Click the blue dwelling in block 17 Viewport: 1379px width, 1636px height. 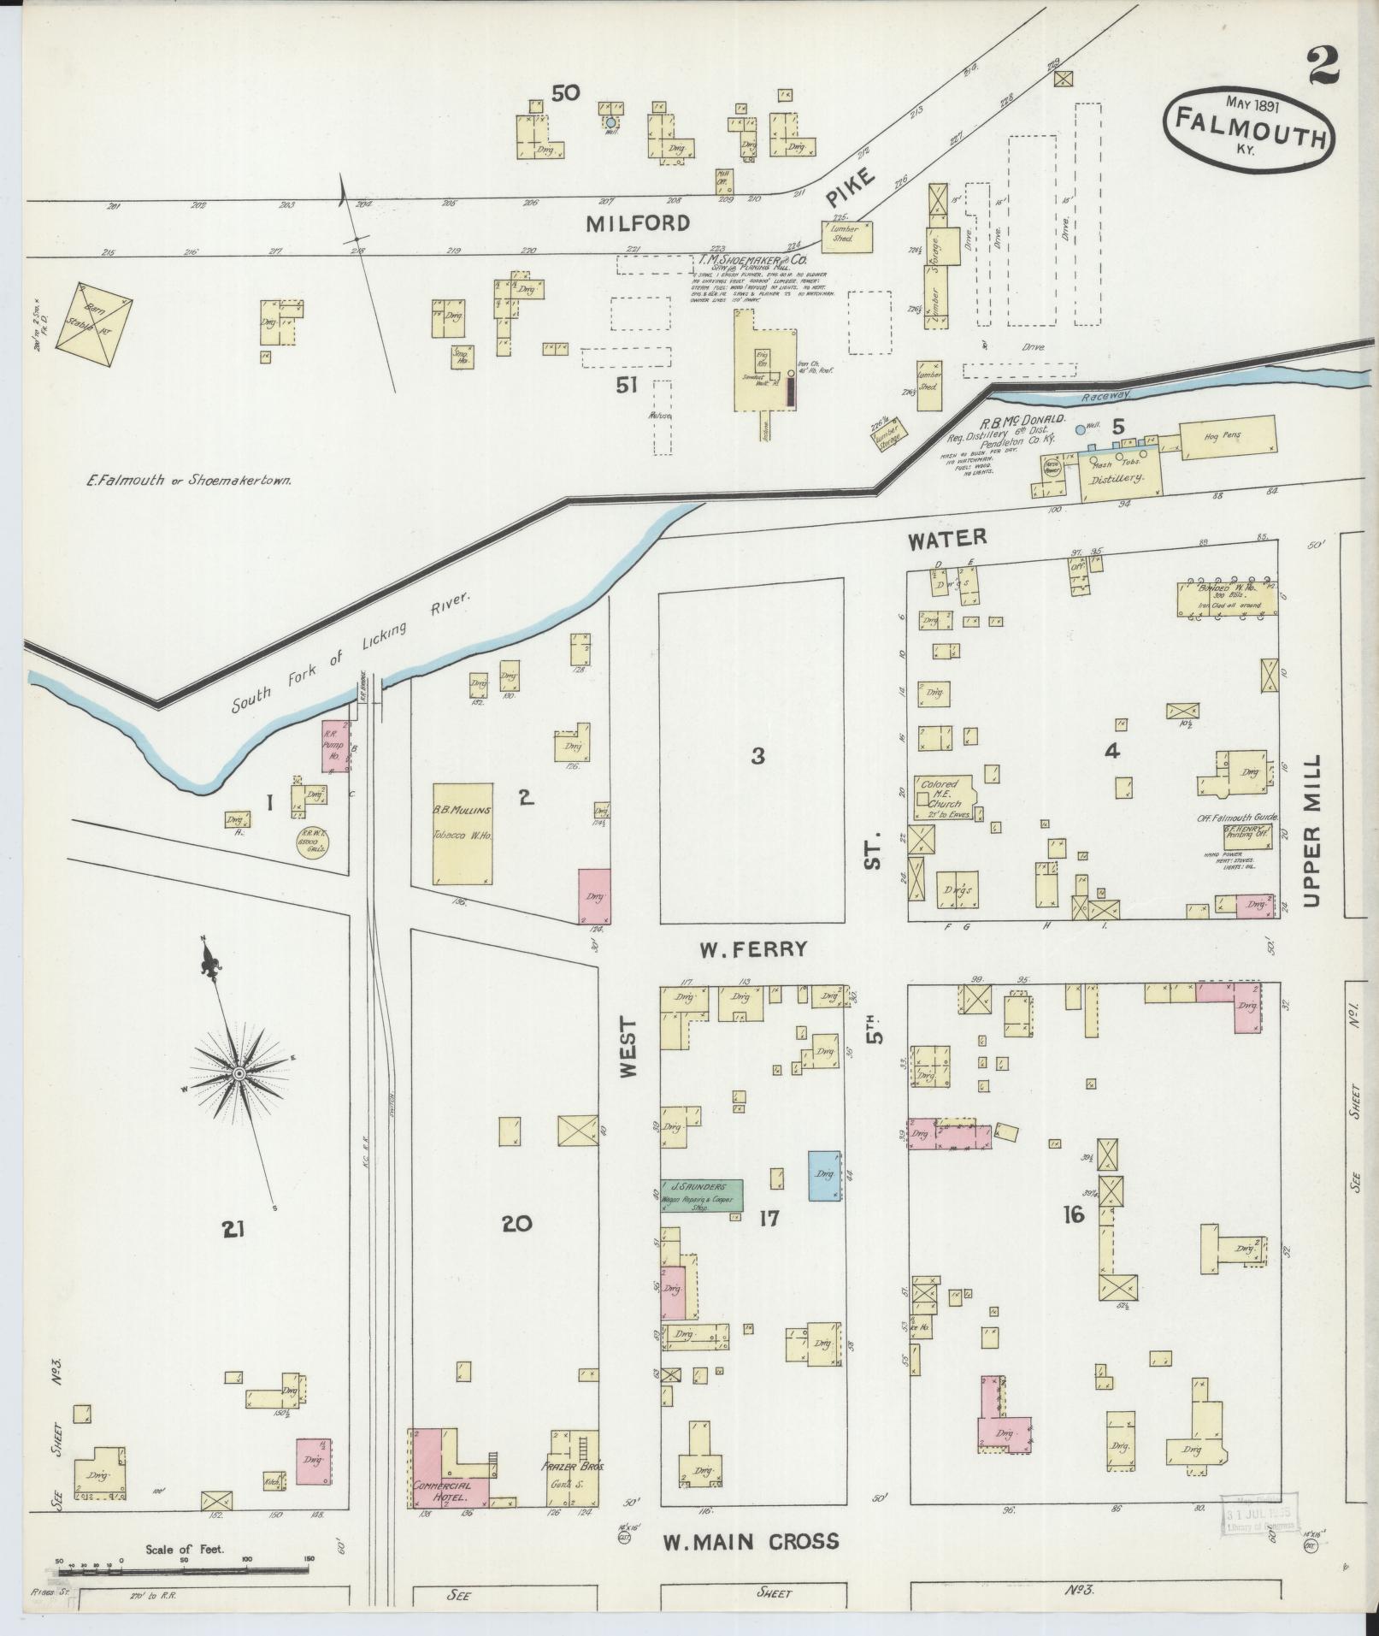point(824,1174)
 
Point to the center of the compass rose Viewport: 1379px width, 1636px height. point(239,1073)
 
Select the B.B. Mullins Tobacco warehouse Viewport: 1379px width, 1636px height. point(463,833)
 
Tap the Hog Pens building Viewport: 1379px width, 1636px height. point(1228,436)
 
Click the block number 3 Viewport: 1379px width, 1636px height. point(757,755)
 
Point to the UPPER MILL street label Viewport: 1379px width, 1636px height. point(1312,830)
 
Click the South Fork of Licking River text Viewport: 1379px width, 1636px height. point(351,653)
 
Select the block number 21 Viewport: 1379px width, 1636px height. point(233,1230)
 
